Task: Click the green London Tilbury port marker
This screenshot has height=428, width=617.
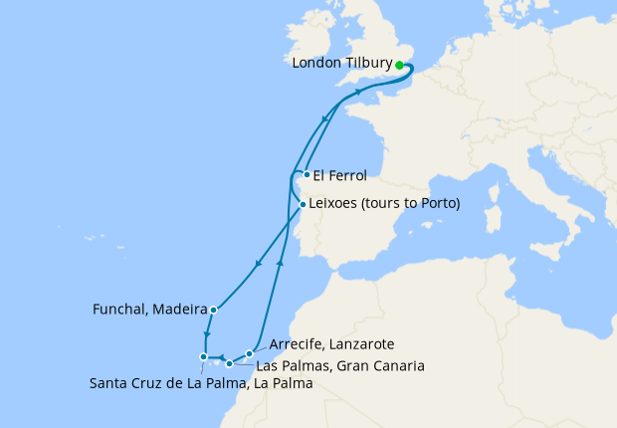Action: point(399,65)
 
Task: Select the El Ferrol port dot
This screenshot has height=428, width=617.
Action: point(307,175)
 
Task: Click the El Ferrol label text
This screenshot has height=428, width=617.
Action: point(339,176)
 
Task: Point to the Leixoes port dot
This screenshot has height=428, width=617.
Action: point(303,205)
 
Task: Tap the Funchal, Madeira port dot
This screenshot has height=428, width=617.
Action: point(214,310)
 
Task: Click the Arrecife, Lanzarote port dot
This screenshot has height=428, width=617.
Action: point(249,353)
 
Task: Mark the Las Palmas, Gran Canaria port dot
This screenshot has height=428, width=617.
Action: point(230,363)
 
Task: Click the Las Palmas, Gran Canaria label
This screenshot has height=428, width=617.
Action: point(340,365)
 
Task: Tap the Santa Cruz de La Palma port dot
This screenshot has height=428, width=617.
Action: point(203,356)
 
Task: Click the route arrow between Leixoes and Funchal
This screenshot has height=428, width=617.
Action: point(258,264)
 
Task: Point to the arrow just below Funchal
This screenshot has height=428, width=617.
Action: point(206,335)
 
